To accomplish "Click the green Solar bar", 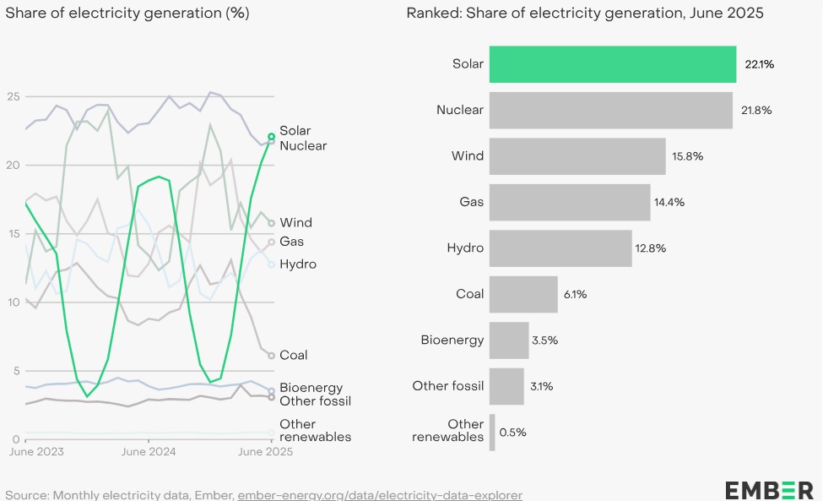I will click(x=612, y=64).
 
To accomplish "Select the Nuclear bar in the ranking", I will click(x=610, y=110).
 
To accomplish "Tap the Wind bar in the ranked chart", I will click(x=577, y=156).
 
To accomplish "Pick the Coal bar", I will click(x=523, y=294).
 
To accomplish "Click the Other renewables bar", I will click(x=492, y=432).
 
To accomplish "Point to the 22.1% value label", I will click(x=759, y=64).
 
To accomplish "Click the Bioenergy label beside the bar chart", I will click(x=452, y=340).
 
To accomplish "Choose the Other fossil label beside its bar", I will click(x=448, y=386).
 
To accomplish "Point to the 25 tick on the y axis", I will click(x=13, y=96).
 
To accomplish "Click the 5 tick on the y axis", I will click(x=16, y=371).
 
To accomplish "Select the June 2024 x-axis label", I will click(x=149, y=452).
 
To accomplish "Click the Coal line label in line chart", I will click(x=294, y=356).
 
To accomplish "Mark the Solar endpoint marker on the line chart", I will click(x=271, y=136).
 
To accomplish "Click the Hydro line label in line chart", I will click(x=298, y=264).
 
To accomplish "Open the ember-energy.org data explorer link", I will click(x=380, y=494).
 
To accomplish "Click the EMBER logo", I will click(x=768, y=489).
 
